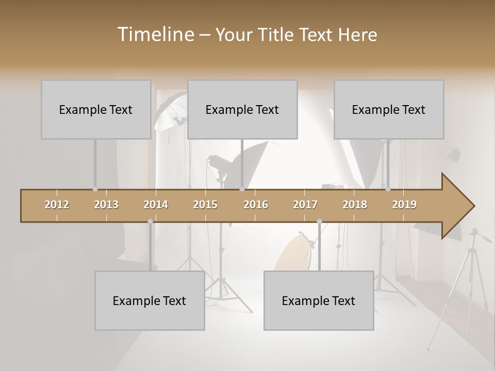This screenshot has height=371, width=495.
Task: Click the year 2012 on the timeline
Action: point(57,205)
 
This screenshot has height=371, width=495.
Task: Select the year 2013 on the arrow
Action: point(106,205)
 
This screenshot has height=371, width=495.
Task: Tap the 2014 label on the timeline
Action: point(156,205)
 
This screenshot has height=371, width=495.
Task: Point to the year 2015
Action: point(205,205)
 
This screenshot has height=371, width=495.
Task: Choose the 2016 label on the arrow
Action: point(256,205)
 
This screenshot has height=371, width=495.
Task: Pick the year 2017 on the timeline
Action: point(305,205)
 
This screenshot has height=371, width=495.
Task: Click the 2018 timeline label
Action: point(355,205)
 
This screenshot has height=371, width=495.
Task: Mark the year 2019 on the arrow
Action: point(404,205)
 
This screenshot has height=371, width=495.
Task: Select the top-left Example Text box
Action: point(96,109)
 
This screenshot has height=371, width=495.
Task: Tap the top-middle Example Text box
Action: point(242,109)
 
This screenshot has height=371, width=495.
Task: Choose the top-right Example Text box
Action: point(389,109)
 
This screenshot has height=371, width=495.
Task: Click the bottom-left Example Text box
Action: point(150,300)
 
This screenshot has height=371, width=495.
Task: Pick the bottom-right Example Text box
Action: point(319,300)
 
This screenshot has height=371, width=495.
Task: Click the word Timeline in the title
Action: point(155,35)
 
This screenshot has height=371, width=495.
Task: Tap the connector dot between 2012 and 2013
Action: point(95,189)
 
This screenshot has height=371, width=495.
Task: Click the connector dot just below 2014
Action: point(150,222)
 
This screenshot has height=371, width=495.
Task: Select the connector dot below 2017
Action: point(319,222)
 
